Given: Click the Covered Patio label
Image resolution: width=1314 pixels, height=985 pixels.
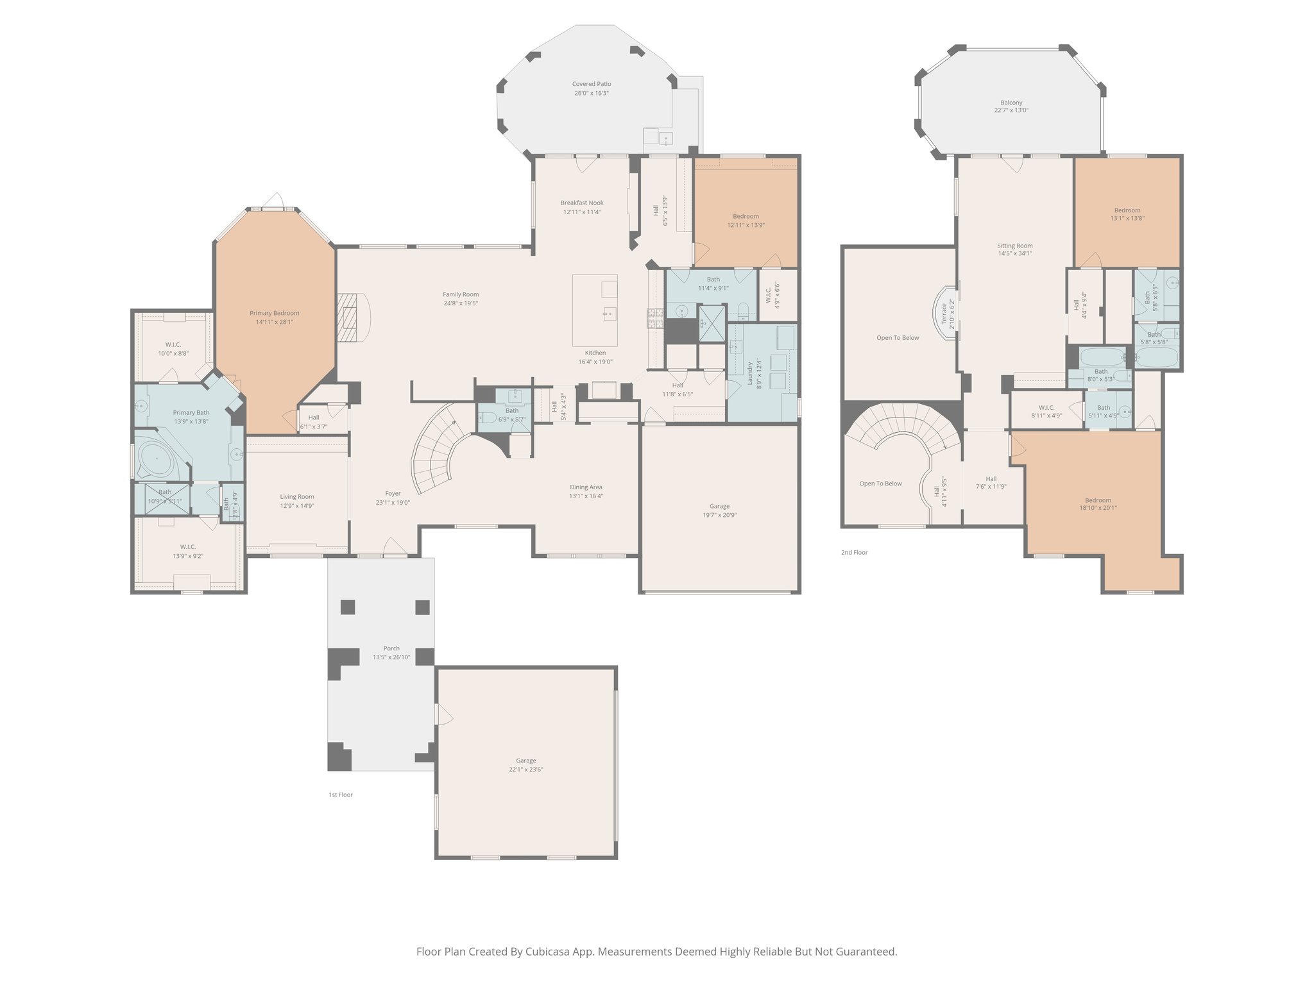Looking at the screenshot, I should (x=591, y=84).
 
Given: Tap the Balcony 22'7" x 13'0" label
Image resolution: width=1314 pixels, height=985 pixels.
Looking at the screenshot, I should (x=1011, y=106).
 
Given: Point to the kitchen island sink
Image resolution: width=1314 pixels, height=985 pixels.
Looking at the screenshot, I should (x=609, y=314).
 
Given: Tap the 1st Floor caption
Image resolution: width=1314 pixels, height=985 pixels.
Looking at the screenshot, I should (x=341, y=795).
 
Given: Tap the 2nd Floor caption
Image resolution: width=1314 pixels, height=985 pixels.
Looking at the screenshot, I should (x=854, y=552).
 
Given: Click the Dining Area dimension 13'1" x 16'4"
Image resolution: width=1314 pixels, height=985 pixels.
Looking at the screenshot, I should (x=586, y=496).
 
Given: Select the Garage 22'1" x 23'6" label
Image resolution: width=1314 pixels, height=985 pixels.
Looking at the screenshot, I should (x=525, y=765).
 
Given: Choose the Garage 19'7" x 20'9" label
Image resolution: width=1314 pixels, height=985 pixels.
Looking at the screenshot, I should (x=719, y=510).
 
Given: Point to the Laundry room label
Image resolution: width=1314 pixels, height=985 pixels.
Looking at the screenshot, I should (x=749, y=374).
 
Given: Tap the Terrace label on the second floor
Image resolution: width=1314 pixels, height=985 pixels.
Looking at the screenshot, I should (x=944, y=314).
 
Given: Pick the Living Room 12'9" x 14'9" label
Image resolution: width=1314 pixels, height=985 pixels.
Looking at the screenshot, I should (x=296, y=501).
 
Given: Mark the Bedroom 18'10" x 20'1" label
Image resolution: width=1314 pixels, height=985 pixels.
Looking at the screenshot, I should (x=1098, y=504).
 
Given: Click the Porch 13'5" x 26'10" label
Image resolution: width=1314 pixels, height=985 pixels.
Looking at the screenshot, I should (x=391, y=653).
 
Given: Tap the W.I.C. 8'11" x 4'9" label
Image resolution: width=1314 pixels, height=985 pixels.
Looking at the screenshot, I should (x=1046, y=412).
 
